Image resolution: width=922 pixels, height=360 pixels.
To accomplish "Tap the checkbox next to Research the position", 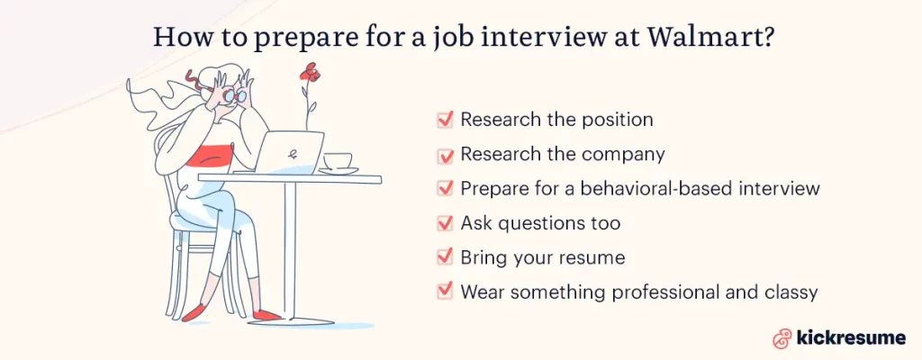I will click(444, 120).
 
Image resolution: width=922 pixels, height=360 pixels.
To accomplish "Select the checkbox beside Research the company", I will click(444, 155).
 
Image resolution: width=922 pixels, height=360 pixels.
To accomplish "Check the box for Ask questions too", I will click(444, 223).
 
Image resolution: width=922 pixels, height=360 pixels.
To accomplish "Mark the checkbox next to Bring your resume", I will click(444, 257).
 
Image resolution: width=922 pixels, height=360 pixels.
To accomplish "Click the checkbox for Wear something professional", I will click(444, 292).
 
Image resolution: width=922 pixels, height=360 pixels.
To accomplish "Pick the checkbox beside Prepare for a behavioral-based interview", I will click(444, 189).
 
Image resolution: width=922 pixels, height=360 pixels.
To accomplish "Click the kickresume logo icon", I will click(782, 338).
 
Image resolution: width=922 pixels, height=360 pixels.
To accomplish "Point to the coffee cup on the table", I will click(338, 162).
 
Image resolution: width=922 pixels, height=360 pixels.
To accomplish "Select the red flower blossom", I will click(311, 71).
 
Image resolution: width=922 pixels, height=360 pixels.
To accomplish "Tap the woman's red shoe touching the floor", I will click(268, 315).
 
